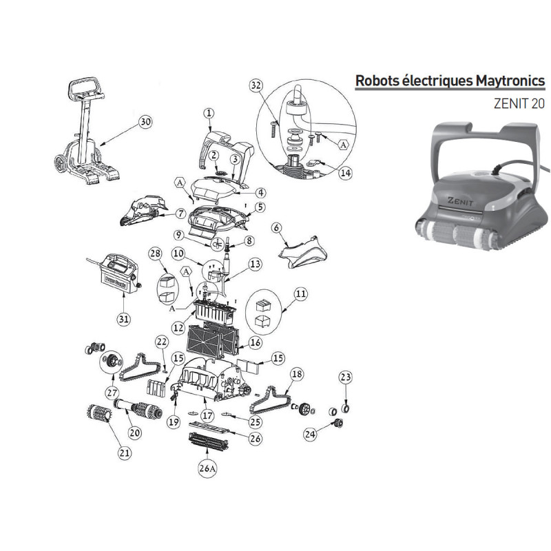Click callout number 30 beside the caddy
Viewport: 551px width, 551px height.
click(x=145, y=122)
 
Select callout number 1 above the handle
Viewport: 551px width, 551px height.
click(x=209, y=112)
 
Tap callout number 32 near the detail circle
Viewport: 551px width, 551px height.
click(x=256, y=85)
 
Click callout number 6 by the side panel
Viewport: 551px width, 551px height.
click(x=276, y=227)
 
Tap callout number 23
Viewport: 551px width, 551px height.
click(x=346, y=377)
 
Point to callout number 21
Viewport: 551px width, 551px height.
click(x=124, y=452)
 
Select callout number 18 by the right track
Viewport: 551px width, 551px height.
click(x=296, y=374)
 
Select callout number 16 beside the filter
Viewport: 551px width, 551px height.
click(x=255, y=342)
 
